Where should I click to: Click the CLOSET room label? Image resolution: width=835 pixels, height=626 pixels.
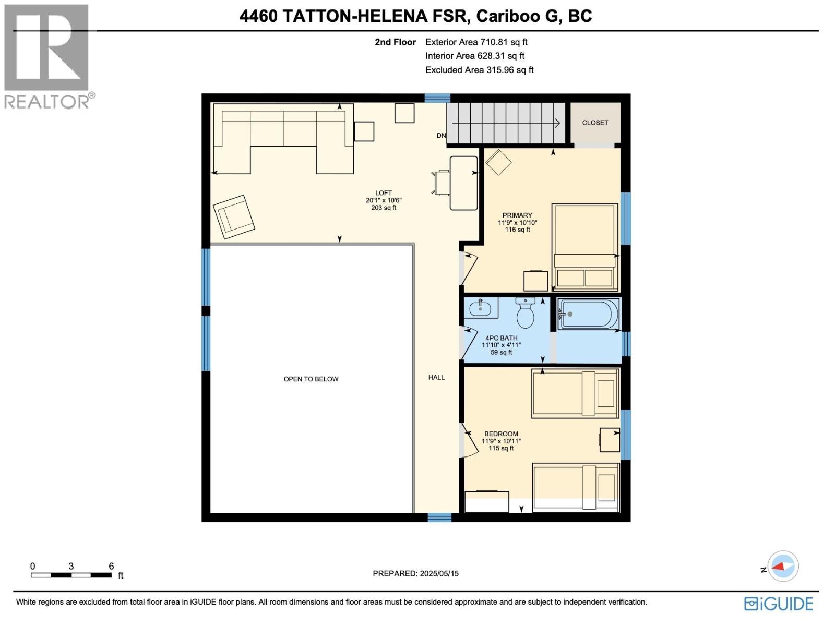[x=595, y=123]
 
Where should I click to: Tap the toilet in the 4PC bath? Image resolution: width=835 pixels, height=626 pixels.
[x=525, y=313]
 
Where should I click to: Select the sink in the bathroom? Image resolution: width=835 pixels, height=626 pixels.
[x=481, y=308]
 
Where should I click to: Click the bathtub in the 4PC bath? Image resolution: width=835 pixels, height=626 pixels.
[x=589, y=314]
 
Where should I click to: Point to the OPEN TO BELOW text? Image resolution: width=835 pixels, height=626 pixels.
[x=311, y=379]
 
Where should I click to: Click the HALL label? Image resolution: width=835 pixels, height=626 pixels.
[x=436, y=377]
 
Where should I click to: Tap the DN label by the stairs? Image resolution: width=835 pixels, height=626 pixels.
[x=441, y=136]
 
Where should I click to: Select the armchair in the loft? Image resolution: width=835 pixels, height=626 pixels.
[x=234, y=216]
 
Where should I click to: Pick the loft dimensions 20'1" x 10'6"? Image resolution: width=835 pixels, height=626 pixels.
[x=384, y=200]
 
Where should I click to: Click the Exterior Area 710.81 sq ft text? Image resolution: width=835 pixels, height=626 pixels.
[x=476, y=42]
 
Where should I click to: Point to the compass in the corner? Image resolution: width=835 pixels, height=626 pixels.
[x=783, y=566]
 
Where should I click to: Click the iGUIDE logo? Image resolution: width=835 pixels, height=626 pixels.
[x=778, y=604]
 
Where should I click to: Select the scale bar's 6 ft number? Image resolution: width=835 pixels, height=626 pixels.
[x=111, y=566]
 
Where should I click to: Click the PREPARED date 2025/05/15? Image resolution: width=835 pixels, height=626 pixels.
[x=415, y=573]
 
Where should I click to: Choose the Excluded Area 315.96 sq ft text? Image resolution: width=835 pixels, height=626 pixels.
[x=479, y=70]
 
